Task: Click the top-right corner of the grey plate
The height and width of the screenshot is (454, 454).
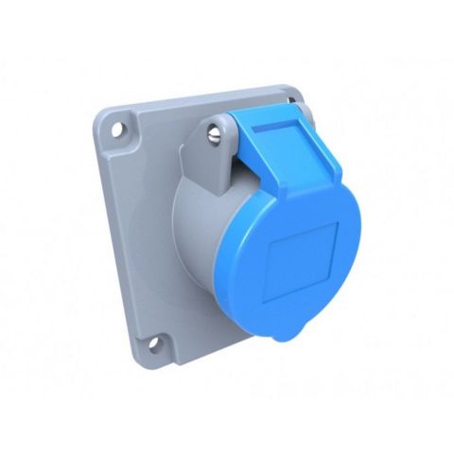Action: [x=296, y=91]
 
